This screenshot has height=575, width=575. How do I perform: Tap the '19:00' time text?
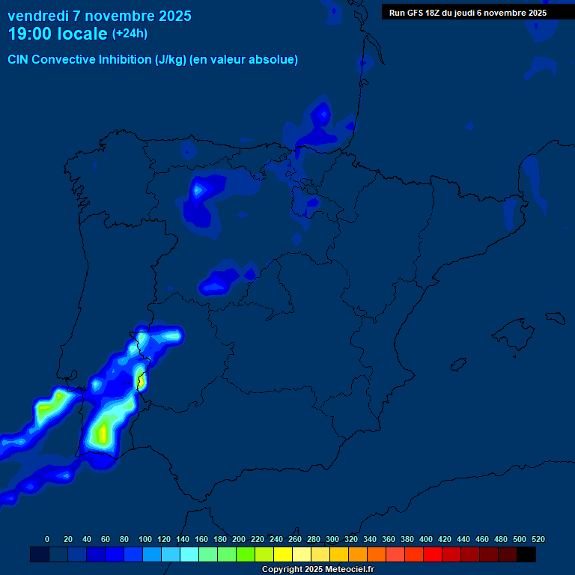(30, 34)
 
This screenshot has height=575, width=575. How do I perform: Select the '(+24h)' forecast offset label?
(130, 34)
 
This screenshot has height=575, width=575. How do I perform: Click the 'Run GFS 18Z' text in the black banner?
(414, 13)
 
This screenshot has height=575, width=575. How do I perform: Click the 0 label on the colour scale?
(47, 539)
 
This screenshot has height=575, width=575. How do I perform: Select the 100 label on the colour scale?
(145, 539)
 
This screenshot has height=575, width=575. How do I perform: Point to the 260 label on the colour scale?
(295, 539)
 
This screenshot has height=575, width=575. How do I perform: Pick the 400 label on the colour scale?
(426, 539)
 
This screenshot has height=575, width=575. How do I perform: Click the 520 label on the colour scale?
(538, 539)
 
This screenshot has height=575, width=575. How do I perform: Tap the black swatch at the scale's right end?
(526, 554)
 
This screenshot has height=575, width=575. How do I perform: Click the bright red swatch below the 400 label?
(432, 554)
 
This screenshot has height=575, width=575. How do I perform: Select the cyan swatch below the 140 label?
(189, 554)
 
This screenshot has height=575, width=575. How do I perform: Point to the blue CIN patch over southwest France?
(322, 120)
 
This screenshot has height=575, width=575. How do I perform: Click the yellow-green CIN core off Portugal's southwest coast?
(49, 408)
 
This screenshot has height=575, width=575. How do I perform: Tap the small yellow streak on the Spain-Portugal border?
(140, 381)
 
